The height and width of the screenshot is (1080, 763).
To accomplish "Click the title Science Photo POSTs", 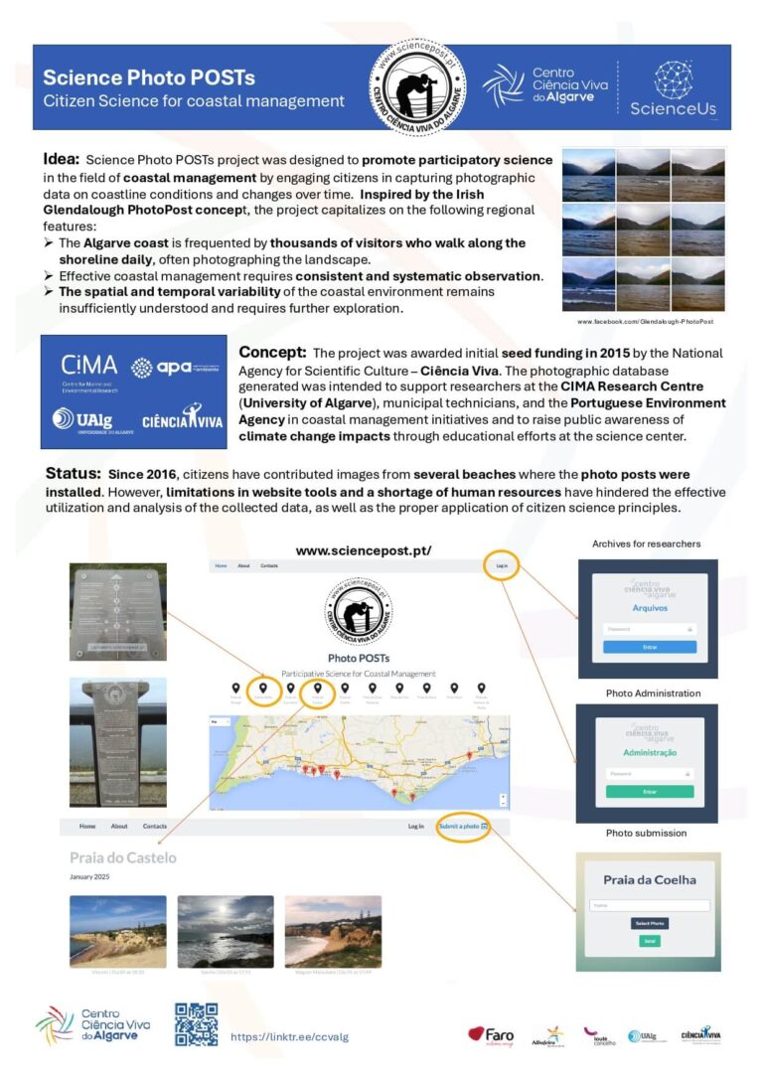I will (x=149, y=77).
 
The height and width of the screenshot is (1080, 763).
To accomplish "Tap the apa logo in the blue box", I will (x=174, y=368).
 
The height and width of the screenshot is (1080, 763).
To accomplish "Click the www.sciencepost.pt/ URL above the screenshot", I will (x=363, y=550).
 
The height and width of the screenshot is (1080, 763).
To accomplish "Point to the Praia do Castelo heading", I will (x=122, y=857).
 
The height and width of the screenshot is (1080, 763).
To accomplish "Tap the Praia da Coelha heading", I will (x=648, y=879).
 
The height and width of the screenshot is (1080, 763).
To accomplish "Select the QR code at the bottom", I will (x=196, y=1024).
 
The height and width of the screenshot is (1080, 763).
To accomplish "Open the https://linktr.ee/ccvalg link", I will (x=289, y=1036).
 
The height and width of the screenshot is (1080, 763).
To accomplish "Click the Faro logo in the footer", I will (x=492, y=1034).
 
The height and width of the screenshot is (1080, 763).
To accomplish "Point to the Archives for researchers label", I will (x=646, y=543).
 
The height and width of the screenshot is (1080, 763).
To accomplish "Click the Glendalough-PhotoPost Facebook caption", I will (x=645, y=322).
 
